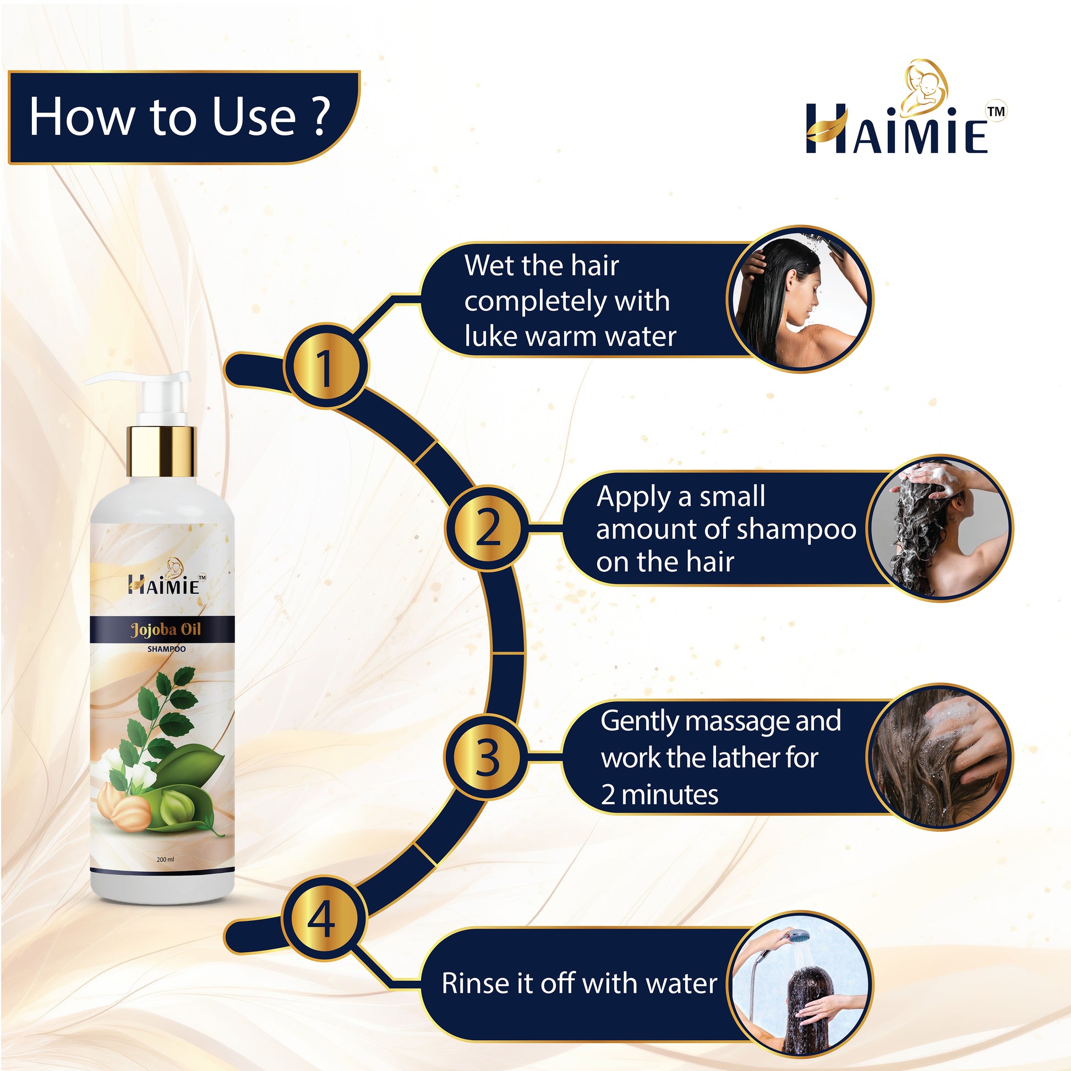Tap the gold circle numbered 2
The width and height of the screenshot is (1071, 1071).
tap(487, 528)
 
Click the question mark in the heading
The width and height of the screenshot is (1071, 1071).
tap(320, 117)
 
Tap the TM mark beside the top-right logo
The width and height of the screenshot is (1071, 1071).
tap(996, 111)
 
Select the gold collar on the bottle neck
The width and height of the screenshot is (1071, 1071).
tap(162, 451)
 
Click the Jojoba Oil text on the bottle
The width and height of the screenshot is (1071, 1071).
tap(166, 630)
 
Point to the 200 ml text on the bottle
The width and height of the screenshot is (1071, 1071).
tap(165, 860)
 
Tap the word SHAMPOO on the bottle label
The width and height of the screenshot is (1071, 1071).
tap(166, 649)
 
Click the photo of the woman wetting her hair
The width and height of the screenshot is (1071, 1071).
tap(800, 299)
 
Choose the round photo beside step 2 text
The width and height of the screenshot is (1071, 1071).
tap(940, 528)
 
